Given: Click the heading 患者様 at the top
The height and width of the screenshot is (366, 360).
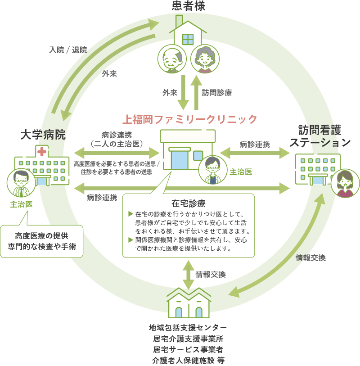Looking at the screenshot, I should pos(188,6).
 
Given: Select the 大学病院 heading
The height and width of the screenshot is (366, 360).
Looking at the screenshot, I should pos(43,135).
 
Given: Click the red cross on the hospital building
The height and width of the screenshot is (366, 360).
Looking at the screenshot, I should pos(42,151).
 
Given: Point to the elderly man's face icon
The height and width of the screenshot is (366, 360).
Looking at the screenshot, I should pos(172,59).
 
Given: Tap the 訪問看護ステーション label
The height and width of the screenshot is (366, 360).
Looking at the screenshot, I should pos(319,136).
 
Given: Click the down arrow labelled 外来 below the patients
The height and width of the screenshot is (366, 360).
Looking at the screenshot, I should pos(183,92).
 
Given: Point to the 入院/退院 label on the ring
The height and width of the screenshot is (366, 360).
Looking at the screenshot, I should pos(68,50).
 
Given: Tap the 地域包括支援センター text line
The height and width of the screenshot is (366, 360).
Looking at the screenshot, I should pos(188,327).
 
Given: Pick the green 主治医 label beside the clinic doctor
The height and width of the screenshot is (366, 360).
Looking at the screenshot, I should pos(241,172).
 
